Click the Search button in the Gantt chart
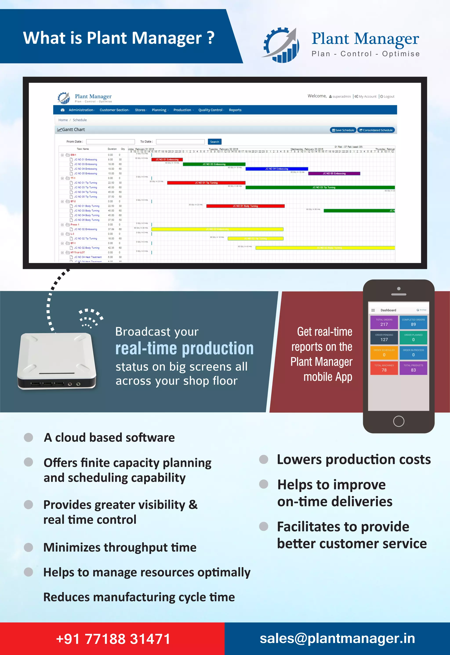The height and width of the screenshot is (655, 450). tap(215, 142)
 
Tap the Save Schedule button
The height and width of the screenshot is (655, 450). tap(343, 130)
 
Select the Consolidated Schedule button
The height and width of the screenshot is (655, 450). tap(376, 130)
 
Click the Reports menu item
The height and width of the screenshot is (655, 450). tap(235, 110)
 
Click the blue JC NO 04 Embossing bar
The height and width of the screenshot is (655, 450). tap(277, 169)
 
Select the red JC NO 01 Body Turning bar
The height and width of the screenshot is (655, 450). tap(245, 206)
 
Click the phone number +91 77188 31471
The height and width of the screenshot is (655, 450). tap(113, 639)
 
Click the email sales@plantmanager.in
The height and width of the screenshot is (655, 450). tap(337, 638)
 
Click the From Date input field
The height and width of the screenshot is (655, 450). tap(110, 142)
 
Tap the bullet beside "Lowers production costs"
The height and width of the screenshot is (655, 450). tap(263, 459)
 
